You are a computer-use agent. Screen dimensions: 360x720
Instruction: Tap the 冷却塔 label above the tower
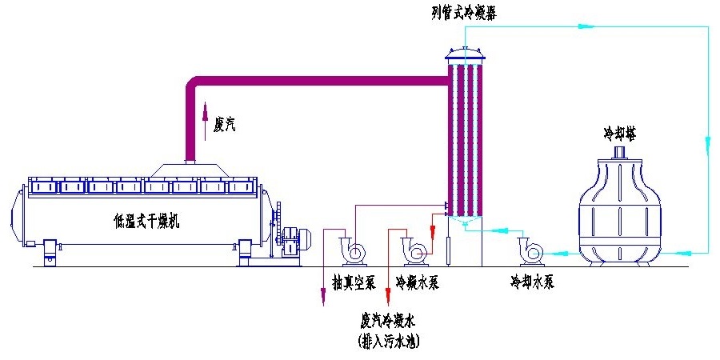(620, 132)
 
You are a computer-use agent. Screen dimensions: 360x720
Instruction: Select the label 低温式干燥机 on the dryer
(147, 222)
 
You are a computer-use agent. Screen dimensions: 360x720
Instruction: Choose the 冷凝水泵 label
(418, 282)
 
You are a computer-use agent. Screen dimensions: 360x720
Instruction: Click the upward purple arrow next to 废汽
(205, 112)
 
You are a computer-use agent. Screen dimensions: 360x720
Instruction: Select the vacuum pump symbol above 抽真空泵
(352, 250)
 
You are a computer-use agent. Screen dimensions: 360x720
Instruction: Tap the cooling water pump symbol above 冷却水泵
(531, 250)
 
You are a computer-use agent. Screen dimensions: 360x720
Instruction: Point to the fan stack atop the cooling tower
(620, 152)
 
